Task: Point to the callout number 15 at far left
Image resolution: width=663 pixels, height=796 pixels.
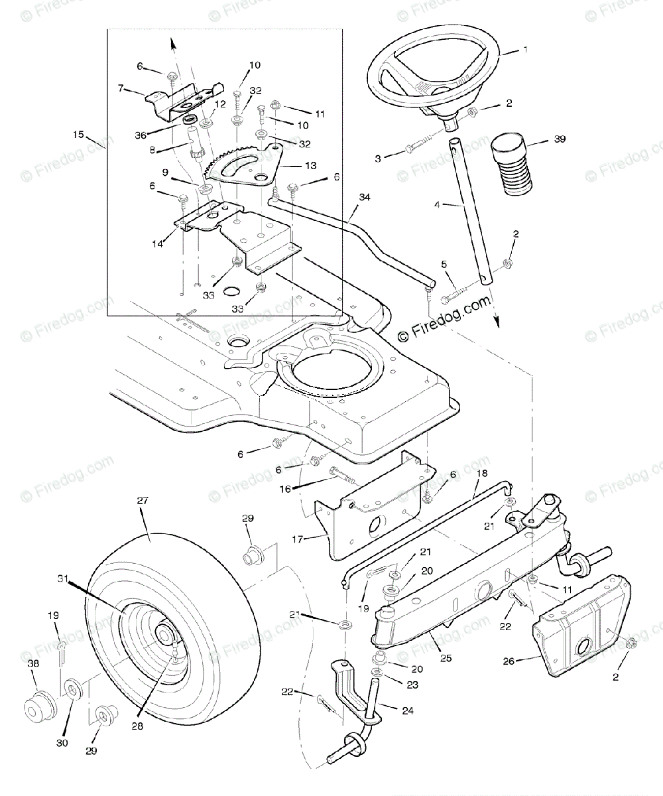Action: click(79, 135)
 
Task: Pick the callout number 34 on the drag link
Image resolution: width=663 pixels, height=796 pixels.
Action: click(364, 197)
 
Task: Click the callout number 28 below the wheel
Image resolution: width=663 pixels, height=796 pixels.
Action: click(138, 726)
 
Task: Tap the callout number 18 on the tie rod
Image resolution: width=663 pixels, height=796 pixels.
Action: click(482, 472)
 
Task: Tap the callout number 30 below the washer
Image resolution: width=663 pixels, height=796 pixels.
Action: click(62, 744)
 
